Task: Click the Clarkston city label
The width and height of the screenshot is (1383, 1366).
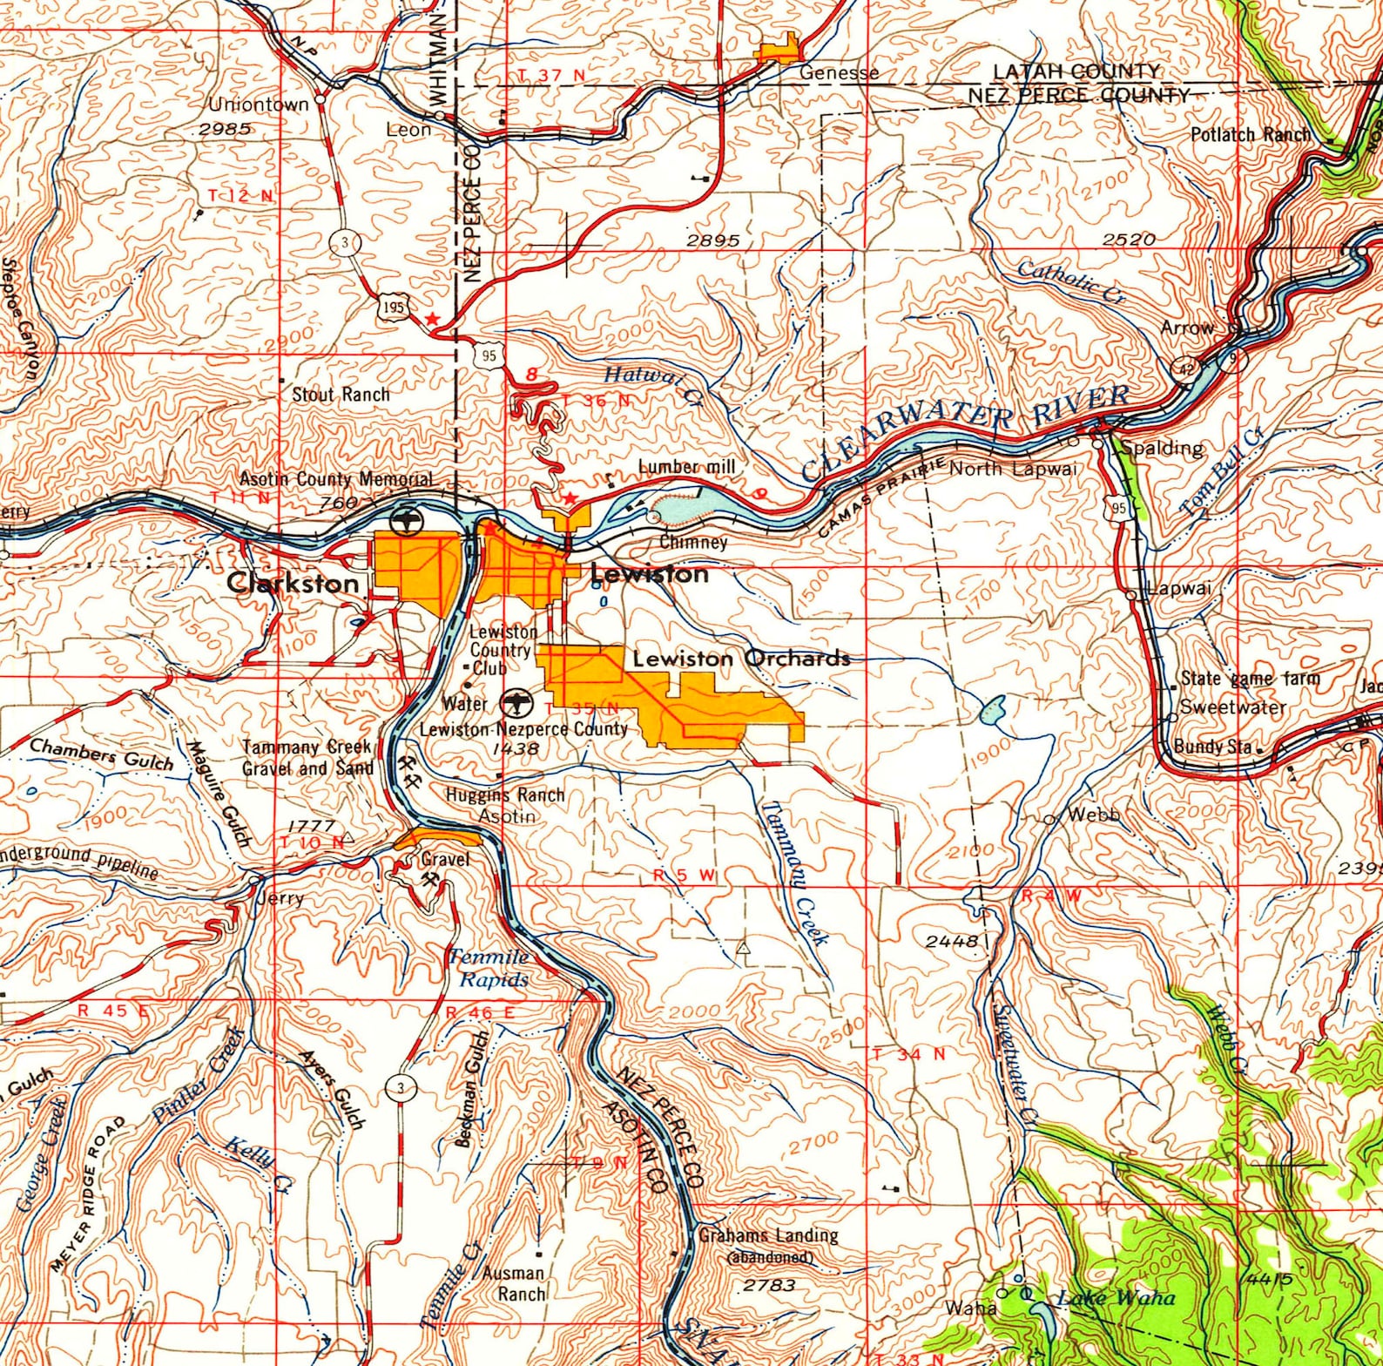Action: [x=293, y=583]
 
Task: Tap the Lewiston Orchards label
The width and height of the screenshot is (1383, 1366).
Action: [x=740, y=659]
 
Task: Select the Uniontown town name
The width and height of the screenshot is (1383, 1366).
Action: [x=259, y=105]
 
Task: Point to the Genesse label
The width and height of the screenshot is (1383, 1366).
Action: [x=839, y=72]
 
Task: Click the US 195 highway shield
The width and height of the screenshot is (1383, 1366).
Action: [x=389, y=307]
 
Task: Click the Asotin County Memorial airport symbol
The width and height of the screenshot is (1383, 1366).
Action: [x=406, y=523]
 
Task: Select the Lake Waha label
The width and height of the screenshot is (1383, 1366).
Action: [x=1116, y=1298]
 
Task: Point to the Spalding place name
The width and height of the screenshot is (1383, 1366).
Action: [x=1164, y=449]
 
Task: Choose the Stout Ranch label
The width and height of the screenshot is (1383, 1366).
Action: [x=341, y=395]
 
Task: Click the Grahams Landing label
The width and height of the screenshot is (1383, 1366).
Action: [x=768, y=1234]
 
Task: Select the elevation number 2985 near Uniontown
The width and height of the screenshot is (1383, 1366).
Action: [x=225, y=128]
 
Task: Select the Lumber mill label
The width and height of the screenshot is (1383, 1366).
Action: [x=687, y=467]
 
